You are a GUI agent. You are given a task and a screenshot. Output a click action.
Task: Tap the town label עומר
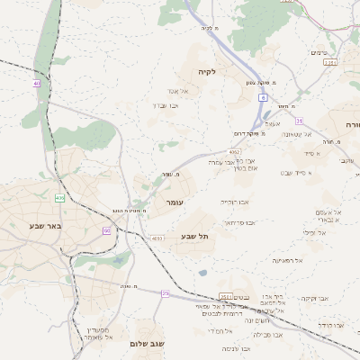[174, 203]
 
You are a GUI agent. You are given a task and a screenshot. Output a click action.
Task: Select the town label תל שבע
[194, 236]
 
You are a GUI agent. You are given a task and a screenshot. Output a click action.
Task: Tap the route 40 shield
[36, 84]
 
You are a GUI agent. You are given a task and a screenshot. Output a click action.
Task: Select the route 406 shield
[60, 197]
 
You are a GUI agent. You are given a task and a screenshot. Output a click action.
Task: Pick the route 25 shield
[165, 293]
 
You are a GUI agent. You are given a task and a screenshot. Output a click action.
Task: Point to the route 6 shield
[263, 96]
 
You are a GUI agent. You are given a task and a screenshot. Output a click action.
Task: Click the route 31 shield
[299, 121]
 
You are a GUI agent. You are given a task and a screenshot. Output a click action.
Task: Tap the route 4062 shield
[234, 153]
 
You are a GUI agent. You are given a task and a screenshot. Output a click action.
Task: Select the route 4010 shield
[157, 238]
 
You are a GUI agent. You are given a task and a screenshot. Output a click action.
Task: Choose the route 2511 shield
[225, 297]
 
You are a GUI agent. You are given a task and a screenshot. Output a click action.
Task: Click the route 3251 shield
[330, 63]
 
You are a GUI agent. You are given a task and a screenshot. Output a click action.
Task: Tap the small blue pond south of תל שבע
[203, 273]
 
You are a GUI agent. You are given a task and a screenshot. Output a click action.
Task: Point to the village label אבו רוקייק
[235, 202]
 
